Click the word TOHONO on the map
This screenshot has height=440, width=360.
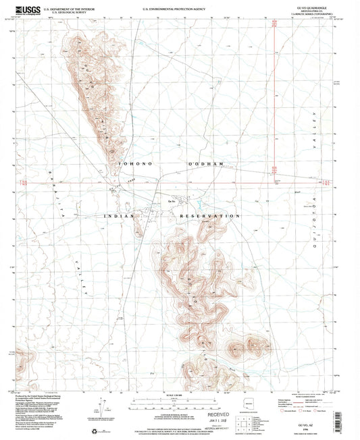click(133, 164)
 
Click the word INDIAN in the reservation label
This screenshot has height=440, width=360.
click(120, 215)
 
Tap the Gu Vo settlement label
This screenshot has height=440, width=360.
click(172, 202)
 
